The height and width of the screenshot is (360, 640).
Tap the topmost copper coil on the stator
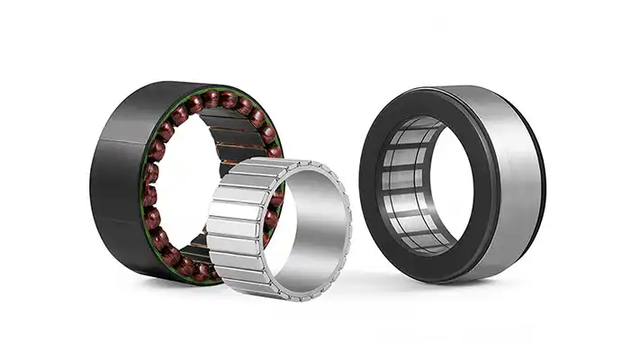(x=212, y=98)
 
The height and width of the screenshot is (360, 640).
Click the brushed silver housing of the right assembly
(x=504, y=180)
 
